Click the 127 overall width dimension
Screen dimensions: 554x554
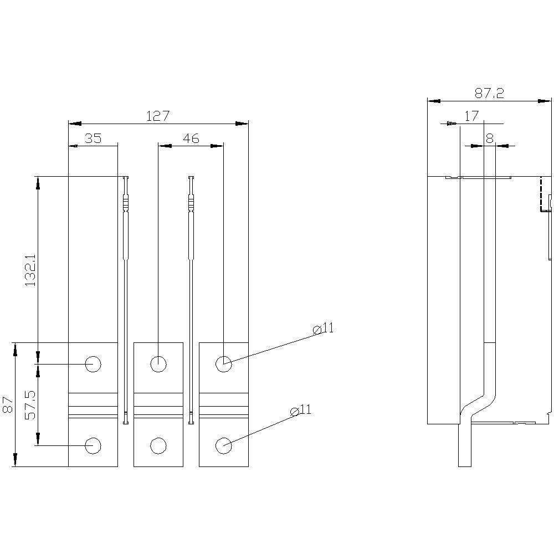pos(157,116)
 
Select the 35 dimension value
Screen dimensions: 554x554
pos(93,138)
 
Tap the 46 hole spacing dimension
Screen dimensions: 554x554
pos(191,138)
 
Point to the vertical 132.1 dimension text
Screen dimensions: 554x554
pos(30,270)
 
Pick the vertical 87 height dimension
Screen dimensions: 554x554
pos(8,404)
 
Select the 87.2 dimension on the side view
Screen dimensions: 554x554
pos(489,94)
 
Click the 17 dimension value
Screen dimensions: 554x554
pos(471,116)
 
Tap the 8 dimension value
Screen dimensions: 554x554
pos(489,138)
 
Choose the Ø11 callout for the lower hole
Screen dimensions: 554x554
pos(301,410)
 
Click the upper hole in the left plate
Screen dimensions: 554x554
pos(93,364)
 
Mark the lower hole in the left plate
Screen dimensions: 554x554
pos(93,445)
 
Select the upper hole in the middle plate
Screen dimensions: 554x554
pos(158,364)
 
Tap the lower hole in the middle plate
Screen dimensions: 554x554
pos(158,445)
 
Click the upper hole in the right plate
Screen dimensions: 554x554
pos(223,364)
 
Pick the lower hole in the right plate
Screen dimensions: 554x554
pos(223,445)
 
